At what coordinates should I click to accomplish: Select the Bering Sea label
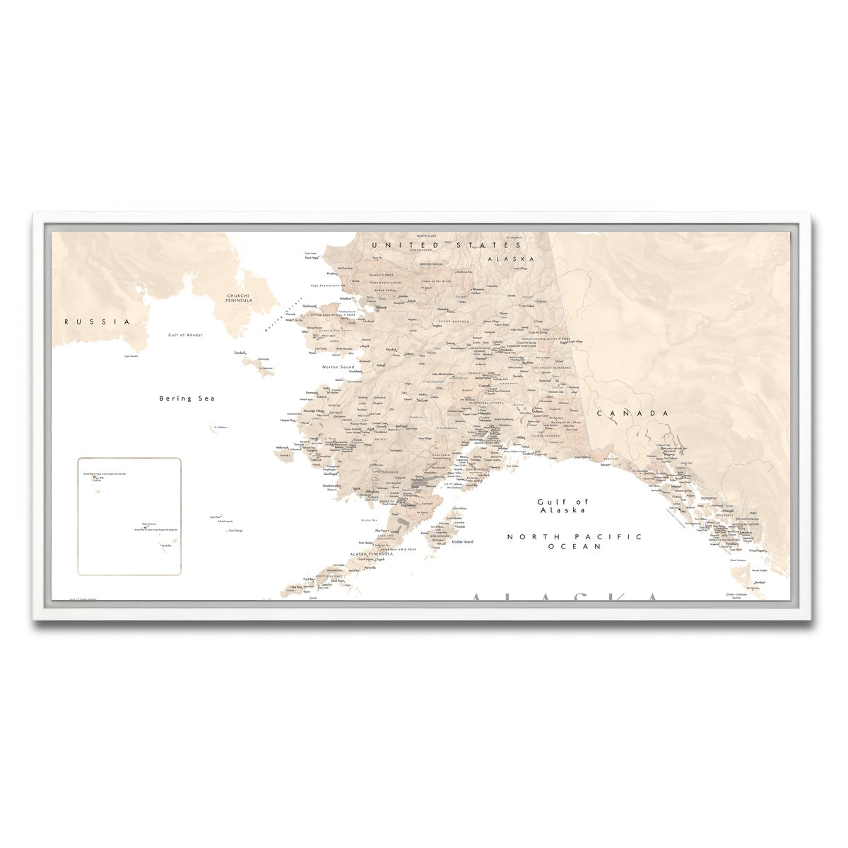pos(187,399)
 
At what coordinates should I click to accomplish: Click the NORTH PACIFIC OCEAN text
pos(575,541)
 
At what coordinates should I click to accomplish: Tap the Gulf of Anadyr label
pos(185,335)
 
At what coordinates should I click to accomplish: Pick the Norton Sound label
pos(338,367)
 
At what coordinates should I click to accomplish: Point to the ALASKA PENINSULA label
pos(371,554)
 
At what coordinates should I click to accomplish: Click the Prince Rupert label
pos(758,550)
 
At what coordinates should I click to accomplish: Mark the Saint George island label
pos(236,530)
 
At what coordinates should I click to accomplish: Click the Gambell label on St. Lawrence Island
pos(240,353)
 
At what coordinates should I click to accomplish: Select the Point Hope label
pos(312,259)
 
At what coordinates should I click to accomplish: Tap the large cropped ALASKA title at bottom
pos(565,597)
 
